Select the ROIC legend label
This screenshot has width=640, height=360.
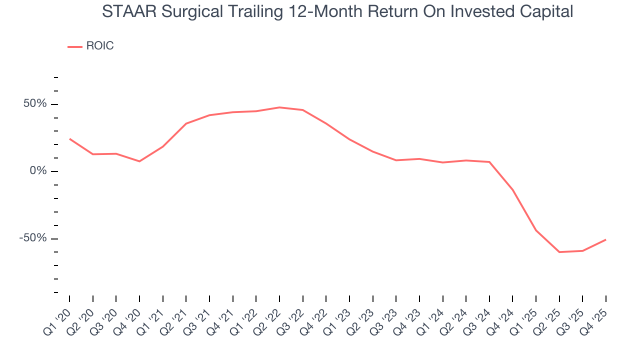tap(100, 46)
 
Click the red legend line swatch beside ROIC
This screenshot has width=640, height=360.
tap(75, 46)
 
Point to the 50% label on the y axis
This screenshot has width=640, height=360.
tap(34, 104)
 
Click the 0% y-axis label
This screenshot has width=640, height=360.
tap(38, 171)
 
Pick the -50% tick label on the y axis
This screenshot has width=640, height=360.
tap(33, 238)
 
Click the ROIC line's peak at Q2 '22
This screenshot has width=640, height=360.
tap(279, 107)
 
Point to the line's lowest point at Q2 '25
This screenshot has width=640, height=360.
tap(559, 252)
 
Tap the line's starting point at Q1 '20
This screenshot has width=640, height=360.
tap(69, 138)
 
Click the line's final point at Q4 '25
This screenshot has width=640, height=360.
tap(606, 239)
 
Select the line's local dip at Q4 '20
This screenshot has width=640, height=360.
tap(139, 161)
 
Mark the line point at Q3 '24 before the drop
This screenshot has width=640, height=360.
tap(489, 162)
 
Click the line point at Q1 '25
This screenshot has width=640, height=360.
tap(536, 230)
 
